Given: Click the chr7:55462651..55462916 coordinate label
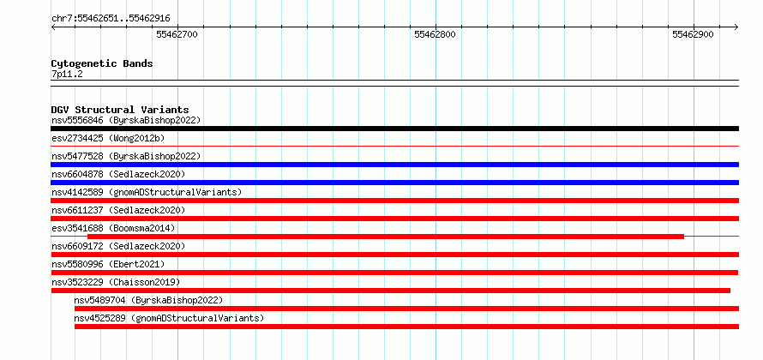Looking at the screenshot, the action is click(111, 19).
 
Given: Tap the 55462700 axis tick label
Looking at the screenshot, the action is click(177, 34).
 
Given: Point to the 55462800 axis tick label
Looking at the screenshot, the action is click(435, 34).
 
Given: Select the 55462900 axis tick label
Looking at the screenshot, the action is click(693, 34).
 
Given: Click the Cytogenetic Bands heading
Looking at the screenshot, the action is click(102, 63).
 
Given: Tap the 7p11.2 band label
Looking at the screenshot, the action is click(67, 75).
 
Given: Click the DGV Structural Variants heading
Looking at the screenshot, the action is click(120, 110).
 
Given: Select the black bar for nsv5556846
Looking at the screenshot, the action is click(394, 129).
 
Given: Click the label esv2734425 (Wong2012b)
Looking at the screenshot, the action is click(108, 138).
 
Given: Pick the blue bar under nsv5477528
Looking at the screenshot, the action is click(394, 165).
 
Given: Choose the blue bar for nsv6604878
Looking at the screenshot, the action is click(394, 183).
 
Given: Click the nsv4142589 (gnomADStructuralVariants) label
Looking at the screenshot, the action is click(147, 192).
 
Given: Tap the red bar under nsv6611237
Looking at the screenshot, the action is click(394, 219).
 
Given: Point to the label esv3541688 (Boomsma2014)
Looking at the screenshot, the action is click(113, 228).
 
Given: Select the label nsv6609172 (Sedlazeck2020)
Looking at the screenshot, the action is click(118, 246).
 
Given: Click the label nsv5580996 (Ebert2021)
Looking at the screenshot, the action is click(108, 264).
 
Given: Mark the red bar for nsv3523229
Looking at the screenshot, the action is click(391, 291).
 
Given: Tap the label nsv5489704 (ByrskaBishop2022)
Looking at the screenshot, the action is click(148, 300).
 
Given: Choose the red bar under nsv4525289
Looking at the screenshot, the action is click(406, 327).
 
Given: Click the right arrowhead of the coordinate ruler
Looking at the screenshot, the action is click(736, 27).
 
